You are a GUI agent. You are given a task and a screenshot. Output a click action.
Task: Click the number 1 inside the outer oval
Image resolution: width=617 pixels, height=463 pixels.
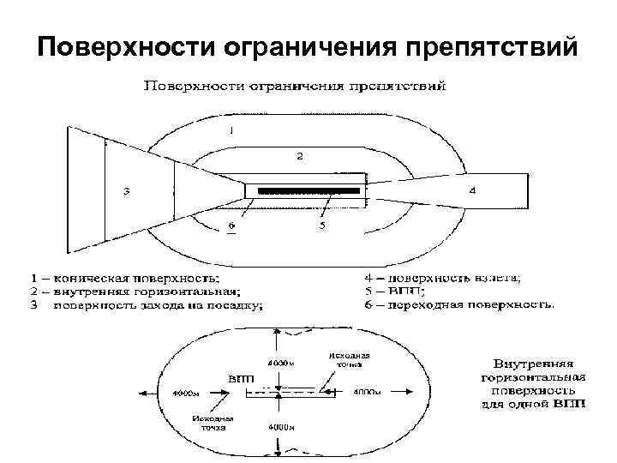point(231,130)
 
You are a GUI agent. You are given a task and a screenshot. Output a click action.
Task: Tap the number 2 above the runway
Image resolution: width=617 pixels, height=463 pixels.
point(299,157)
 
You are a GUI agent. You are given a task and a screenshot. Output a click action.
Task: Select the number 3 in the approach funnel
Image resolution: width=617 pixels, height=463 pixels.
point(127,191)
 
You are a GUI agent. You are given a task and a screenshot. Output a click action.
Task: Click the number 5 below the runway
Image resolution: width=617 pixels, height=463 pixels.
point(322,225)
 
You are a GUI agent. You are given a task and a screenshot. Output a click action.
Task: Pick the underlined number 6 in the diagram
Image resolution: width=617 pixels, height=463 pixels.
point(230,226)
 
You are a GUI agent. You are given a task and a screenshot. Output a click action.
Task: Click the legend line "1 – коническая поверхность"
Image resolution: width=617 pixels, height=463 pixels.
point(124,278)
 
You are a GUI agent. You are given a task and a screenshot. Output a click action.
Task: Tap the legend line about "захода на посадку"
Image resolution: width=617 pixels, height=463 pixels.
point(146,305)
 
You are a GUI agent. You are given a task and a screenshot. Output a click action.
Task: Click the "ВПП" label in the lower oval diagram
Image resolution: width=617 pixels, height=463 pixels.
point(239,377)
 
